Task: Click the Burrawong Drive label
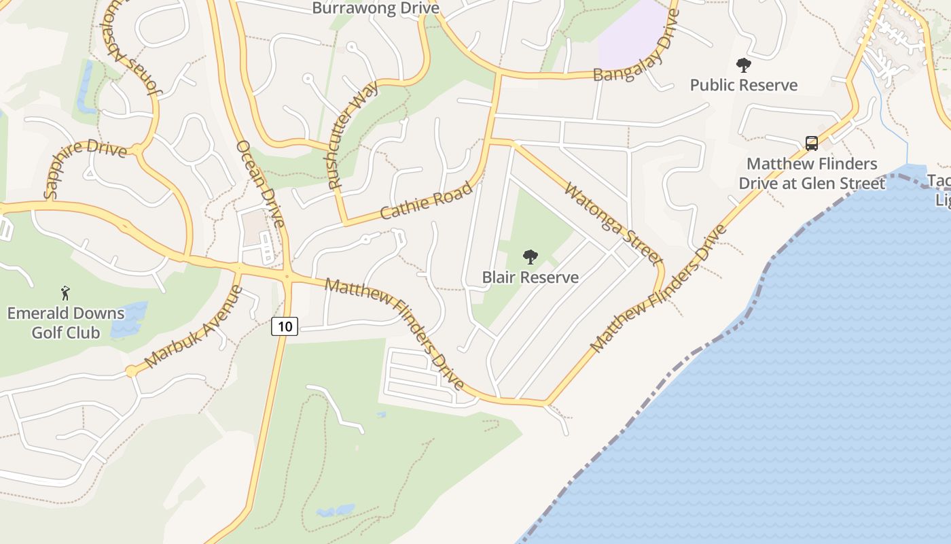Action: point(376,8)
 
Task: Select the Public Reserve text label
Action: point(744,85)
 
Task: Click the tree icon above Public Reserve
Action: point(744,65)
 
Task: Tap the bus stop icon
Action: point(812,143)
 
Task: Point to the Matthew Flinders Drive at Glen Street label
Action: point(812,173)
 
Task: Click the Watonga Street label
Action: point(613,223)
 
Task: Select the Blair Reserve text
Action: point(530,277)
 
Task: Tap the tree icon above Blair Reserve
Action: point(530,257)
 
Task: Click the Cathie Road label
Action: point(426,201)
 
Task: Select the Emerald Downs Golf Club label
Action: point(66,323)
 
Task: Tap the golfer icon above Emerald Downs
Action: point(65,293)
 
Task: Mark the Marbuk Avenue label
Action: point(194,326)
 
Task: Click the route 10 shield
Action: point(285,326)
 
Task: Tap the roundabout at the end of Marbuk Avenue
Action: point(130,371)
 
